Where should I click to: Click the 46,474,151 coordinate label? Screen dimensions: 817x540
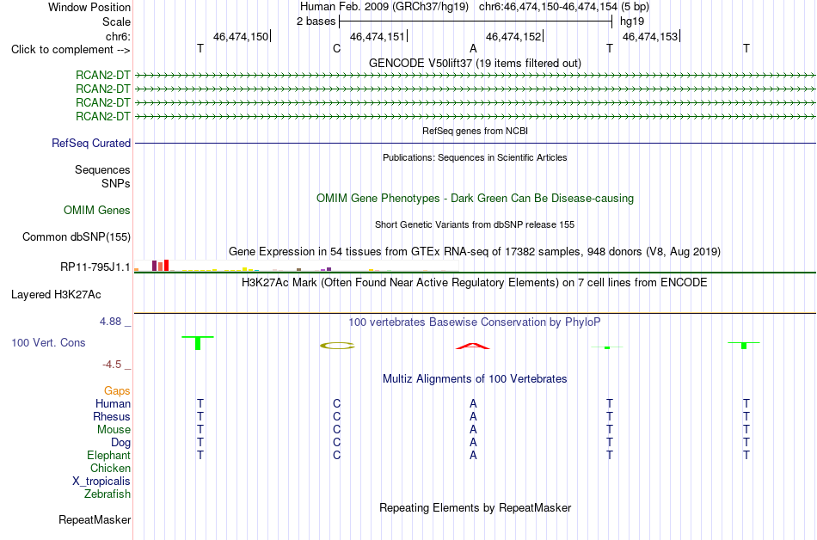(378, 36)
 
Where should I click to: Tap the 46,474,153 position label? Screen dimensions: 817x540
(650, 36)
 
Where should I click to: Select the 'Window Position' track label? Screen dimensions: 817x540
(89, 7)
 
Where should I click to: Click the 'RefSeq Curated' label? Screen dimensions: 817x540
(91, 144)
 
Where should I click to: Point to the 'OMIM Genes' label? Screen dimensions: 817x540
(97, 210)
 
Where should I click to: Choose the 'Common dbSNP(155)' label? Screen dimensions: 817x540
(77, 237)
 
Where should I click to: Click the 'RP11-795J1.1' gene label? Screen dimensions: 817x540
(95, 267)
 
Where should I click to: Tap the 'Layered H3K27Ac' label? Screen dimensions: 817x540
(56, 295)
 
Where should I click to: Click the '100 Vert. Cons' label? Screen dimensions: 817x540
(48, 342)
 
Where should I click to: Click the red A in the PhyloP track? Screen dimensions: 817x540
(473, 347)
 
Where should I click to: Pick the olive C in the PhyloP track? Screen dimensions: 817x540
(337, 346)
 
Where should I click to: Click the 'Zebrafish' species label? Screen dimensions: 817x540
(107, 494)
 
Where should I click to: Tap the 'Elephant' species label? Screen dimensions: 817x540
(108, 455)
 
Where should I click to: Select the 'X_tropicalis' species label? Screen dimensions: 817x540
(101, 482)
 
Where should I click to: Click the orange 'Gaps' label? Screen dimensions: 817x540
(117, 390)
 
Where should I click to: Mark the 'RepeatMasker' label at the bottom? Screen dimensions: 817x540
(95, 519)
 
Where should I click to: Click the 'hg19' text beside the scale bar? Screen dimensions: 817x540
(632, 21)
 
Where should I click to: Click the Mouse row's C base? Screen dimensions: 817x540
(336, 430)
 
